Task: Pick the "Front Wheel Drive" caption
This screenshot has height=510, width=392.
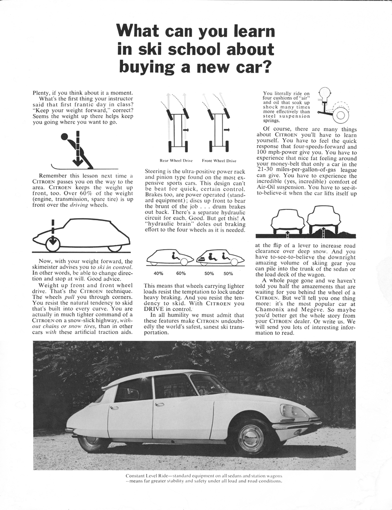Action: point(219,160)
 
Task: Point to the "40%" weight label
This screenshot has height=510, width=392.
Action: point(159,273)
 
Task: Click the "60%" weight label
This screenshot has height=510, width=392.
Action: point(181,273)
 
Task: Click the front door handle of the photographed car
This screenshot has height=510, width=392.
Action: point(159,405)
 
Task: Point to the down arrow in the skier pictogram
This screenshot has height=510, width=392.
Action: point(76,157)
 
